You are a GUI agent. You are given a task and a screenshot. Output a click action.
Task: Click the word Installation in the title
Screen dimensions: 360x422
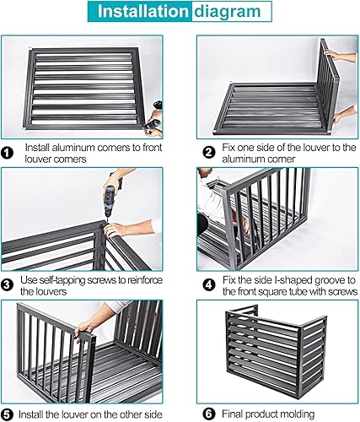[x=142, y=11]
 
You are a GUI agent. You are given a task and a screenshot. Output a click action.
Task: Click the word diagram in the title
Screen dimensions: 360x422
[x=228, y=12]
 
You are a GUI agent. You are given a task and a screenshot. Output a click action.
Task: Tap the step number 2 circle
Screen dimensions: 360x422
[x=209, y=153]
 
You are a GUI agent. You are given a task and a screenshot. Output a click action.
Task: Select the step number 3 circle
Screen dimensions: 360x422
[x=7, y=285]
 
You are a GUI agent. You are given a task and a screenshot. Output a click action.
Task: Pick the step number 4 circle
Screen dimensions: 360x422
[x=209, y=285]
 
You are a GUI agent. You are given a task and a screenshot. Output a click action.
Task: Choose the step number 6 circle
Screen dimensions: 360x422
[x=209, y=414]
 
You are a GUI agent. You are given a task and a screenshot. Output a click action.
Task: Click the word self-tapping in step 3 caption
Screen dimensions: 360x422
[x=66, y=280]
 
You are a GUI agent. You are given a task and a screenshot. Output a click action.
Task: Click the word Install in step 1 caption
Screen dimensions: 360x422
[x=37, y=148]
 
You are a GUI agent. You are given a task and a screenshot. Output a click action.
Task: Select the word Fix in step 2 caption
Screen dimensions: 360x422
[x=228, y=148]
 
